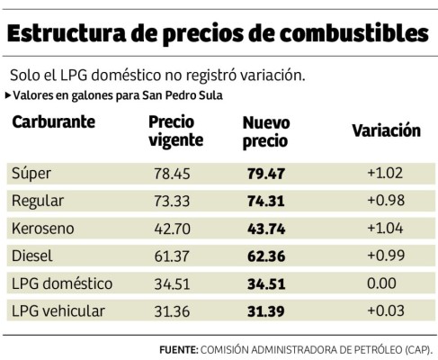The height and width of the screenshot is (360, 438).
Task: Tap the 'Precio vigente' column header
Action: click(175, 130)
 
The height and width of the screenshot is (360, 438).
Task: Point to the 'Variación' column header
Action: click(385, 130)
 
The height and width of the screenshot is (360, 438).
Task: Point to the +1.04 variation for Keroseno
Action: click(384, 229)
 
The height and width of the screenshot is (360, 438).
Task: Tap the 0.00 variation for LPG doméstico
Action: click(383, 283)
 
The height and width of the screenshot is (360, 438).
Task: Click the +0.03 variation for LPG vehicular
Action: click(384, 311)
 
